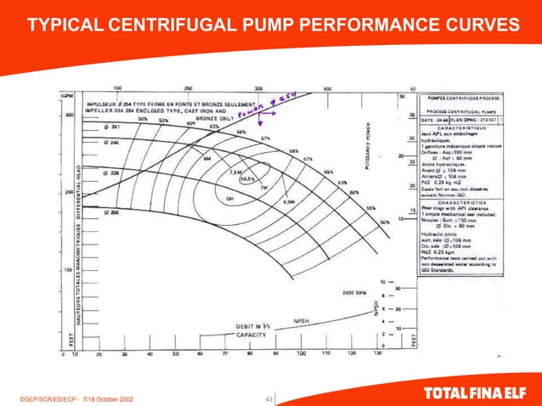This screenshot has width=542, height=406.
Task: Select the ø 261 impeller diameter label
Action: (110, 127)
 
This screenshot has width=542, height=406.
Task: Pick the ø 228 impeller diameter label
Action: (110, 173)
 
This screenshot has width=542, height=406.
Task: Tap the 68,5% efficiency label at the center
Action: (247, 179)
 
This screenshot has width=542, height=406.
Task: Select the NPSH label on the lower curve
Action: (301, 321)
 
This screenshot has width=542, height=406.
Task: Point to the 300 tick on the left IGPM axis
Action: (68, 114)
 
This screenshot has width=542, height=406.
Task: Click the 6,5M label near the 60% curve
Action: (288, 202)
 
